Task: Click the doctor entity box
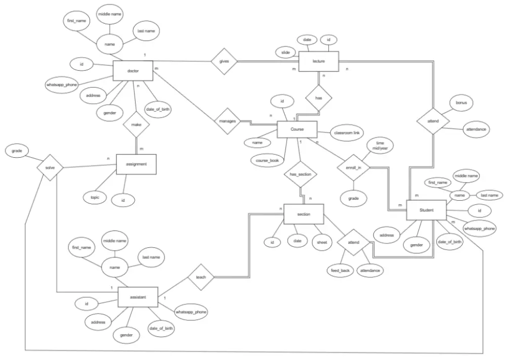[133, 71]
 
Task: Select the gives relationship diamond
[224, 61]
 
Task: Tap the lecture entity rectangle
[318, 61]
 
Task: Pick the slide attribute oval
[285, 52]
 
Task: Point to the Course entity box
[297, 129]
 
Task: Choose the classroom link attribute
[347, 132]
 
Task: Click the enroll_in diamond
[354, 167]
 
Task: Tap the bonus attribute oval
[461, 103]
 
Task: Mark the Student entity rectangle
[427, 210]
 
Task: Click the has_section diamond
[300, 174]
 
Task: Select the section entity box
[304, 214]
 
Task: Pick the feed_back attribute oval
[341, 271]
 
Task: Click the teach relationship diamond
[201, 277]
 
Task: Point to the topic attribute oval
[95, 197]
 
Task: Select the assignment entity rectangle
[136, 164]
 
